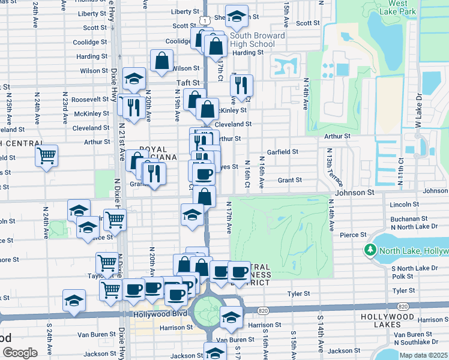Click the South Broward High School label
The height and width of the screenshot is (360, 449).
[x=252, y=40]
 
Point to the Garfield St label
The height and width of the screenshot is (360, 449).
[x=283, y=152]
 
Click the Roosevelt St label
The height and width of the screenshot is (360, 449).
[x=89, y=100]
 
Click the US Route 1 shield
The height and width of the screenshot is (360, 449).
[x=205, y=21]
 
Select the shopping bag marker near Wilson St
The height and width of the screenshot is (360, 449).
[x=161, y=61]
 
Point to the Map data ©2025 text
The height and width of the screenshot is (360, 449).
[x=423, y=355]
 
